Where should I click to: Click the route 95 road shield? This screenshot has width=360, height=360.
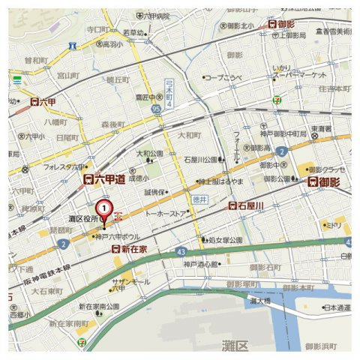[156, 109]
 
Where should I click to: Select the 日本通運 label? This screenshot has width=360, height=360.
[337, 307]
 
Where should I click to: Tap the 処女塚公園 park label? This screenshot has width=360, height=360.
[223, 240]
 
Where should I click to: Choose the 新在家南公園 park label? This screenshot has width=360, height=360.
[99, 307]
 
